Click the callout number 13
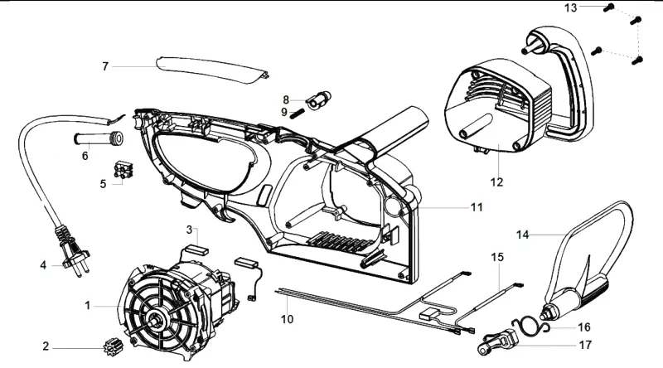(x=570, y=7)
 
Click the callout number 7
(x=105, y=66)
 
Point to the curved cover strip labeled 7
(x=211, y=70)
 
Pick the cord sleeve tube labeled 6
(x=98, y=138)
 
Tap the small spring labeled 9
(x=297, y=113)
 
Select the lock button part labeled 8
(x=319, y=99)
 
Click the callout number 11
(x=477, y=207)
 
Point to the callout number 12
(x=496, y=182)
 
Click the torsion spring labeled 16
(x=529, y=325)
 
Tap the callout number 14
(x=523, y=235)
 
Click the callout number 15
(x=497, y=257)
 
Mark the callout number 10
(x=287, y=319)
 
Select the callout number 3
(x=190, y=230)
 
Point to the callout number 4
(x=43, y=265)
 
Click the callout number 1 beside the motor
(x=88, y=305)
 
